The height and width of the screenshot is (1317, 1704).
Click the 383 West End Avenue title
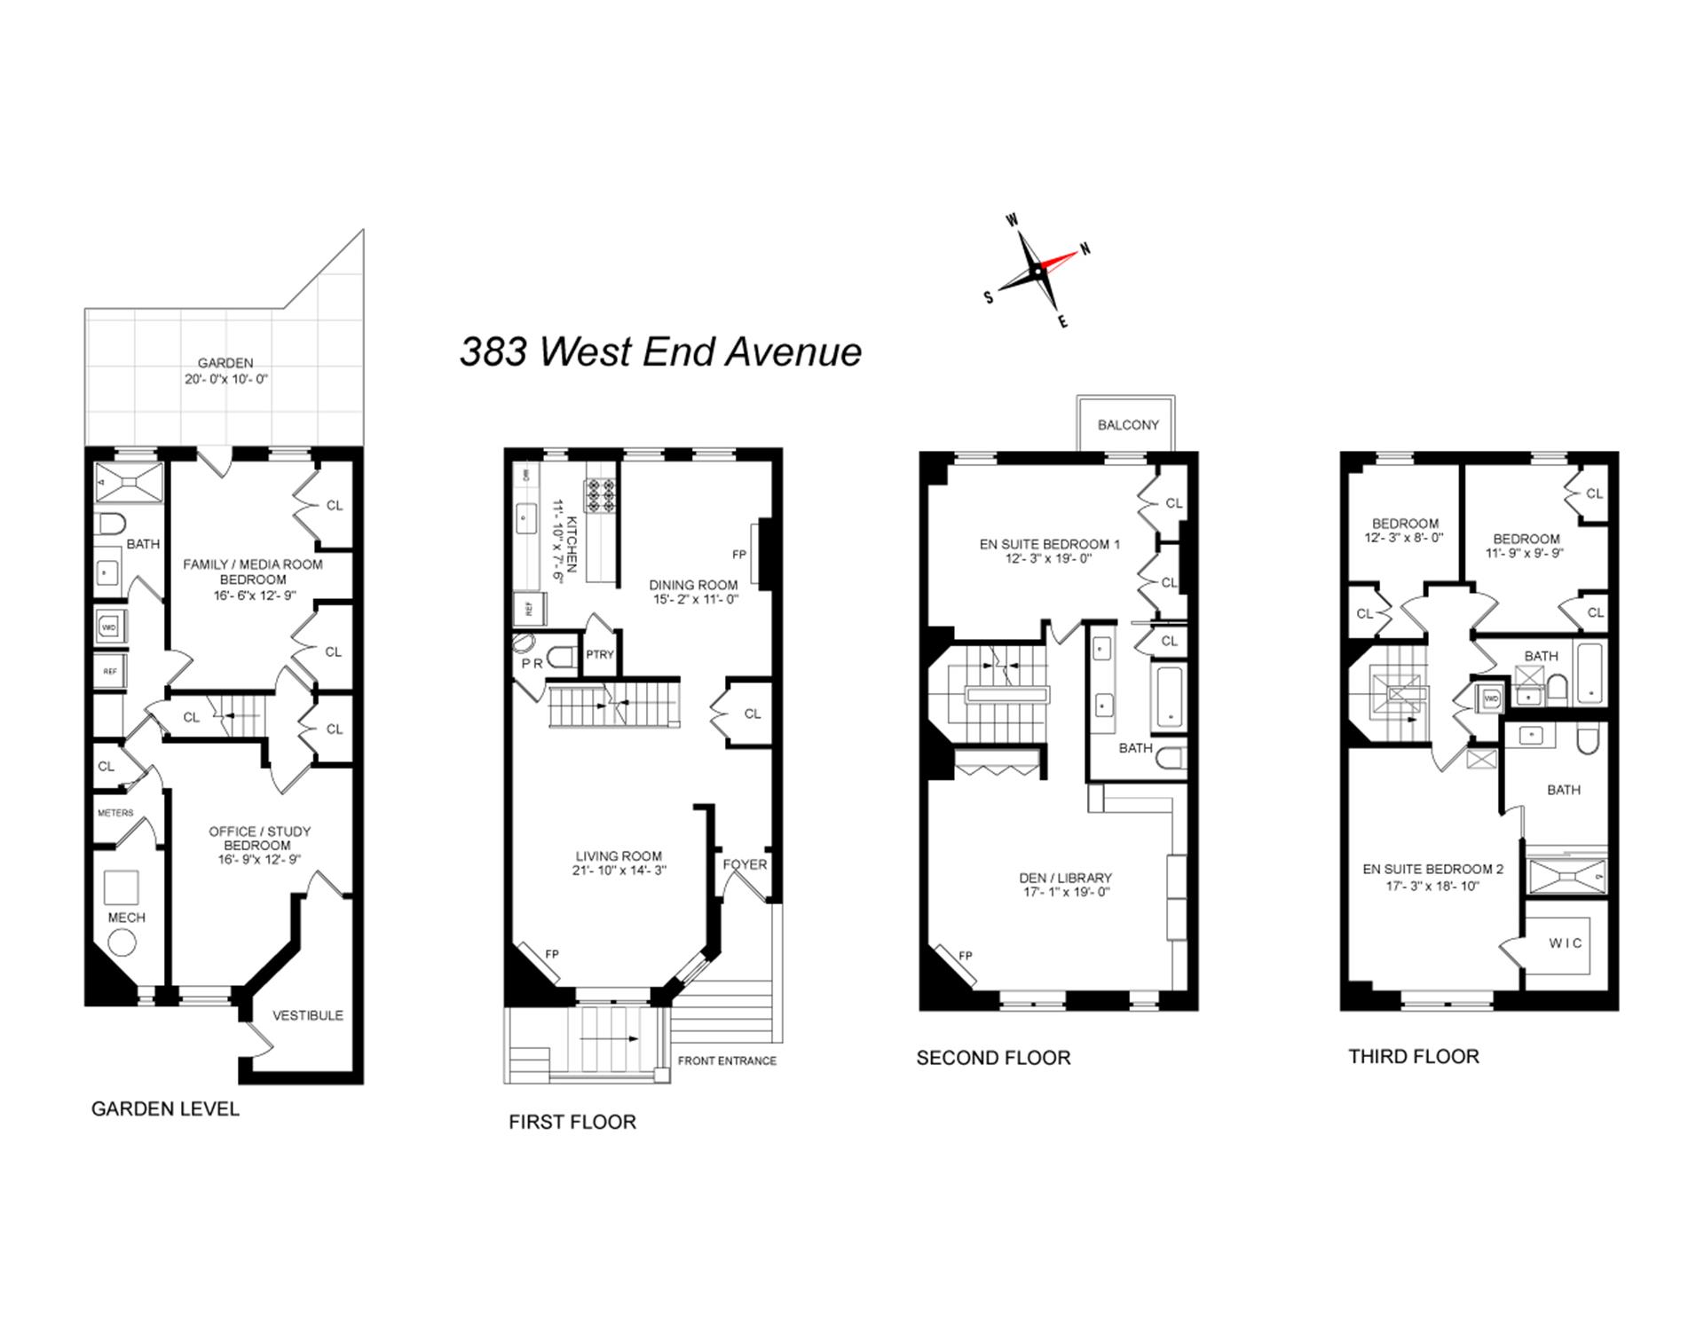[660, 351]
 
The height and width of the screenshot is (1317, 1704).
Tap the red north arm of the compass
[1060, 260]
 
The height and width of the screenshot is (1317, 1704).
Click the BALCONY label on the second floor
[1128, 425]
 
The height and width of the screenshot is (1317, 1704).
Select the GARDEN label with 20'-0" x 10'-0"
[225, 370]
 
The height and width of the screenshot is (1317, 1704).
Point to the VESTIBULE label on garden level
[307, 1015]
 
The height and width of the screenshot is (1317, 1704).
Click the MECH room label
[126, 918]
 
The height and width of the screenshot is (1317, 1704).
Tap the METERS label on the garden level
[115, 813]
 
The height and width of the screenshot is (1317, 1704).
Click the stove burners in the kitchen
[599, 495]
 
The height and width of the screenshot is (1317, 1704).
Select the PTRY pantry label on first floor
[600, 655]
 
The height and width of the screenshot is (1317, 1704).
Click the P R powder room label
[532, 664]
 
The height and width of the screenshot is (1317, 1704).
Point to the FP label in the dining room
[739, 555]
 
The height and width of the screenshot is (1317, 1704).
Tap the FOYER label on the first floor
[745, 864]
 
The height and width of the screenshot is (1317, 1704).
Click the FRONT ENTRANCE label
[727, 1061]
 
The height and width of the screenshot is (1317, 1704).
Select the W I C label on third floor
[1566, 943]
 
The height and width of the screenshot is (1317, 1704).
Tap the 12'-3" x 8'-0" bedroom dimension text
[1404, 538]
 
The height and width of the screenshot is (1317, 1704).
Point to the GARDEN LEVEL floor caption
[165, 1109]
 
